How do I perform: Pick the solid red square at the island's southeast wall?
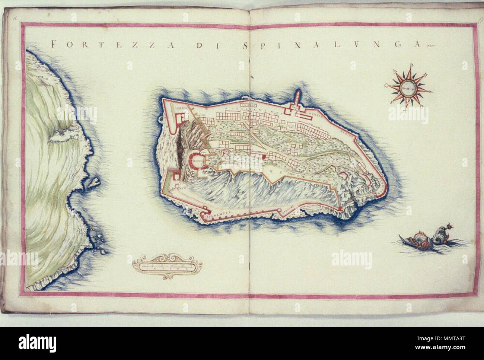tap(340, 211)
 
